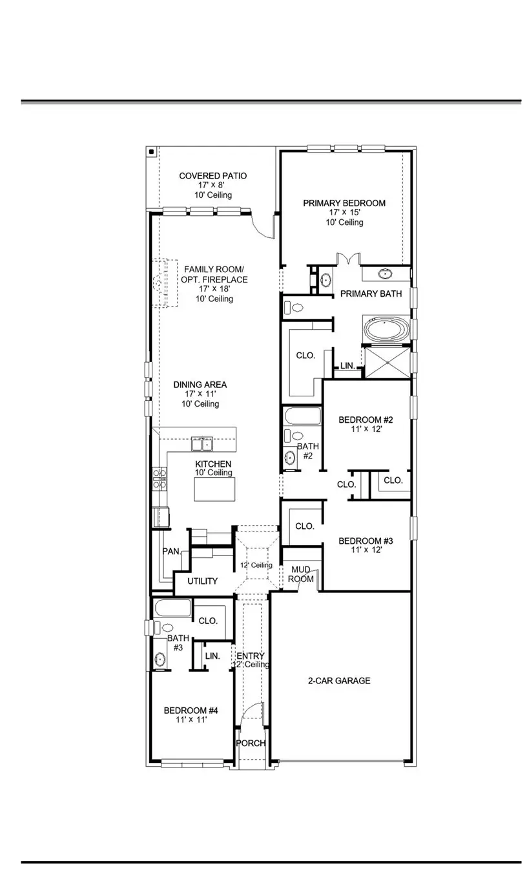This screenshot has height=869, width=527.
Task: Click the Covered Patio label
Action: (212, 176)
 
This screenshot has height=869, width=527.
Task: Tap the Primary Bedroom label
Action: (344, 203)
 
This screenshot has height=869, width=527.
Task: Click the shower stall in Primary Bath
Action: (387, 362)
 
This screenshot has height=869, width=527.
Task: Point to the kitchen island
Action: (214, 488)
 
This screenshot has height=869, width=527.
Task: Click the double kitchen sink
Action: (201, 444)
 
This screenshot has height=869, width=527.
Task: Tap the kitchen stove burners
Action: (160, 478)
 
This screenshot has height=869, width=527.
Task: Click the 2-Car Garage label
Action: (339, 680)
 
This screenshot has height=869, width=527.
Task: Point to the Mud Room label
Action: (302, 574)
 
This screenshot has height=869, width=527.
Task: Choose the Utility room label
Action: (202, 581)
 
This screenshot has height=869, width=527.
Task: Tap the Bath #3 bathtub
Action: (172, 608)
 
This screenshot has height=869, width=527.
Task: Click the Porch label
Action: (251, 743)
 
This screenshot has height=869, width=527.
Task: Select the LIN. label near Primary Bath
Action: (347, 366)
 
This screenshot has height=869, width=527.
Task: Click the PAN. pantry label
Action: (171, 552)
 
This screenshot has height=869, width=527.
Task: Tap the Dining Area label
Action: (200, 385)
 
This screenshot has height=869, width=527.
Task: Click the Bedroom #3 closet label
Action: (305, 526)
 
